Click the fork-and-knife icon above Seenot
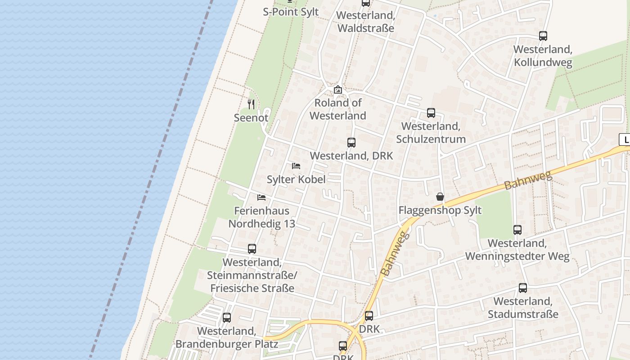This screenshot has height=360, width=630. point(251,104)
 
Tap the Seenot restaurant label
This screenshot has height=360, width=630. point(251,118)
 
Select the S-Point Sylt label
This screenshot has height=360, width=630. point(291,12)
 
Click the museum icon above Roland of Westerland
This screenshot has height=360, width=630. point(338,90)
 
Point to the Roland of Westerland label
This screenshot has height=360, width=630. point(338,109)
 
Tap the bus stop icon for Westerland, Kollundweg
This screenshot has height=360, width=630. point(543,36)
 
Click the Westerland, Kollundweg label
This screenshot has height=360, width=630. point(543,56)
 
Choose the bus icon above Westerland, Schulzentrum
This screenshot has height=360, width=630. point(431,113)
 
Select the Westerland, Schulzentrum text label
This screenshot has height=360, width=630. point(431,133)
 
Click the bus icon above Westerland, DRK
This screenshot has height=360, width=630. point(351,143)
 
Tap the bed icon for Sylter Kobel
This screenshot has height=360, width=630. point(296,166)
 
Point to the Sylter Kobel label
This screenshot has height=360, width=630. point(296,179)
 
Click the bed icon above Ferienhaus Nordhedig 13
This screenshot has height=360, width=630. point(261,197)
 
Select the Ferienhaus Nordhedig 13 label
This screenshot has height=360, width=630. point(261,217)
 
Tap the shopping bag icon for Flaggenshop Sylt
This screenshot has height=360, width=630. point(440,197)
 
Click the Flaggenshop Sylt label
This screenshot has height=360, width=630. point(440,210)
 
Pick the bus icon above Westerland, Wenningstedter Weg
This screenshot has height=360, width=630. point(517,230)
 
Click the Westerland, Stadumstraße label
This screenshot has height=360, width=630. point(523,308)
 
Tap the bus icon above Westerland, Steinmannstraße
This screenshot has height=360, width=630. point(252,249)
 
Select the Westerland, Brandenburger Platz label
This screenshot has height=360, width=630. point(227,337)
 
